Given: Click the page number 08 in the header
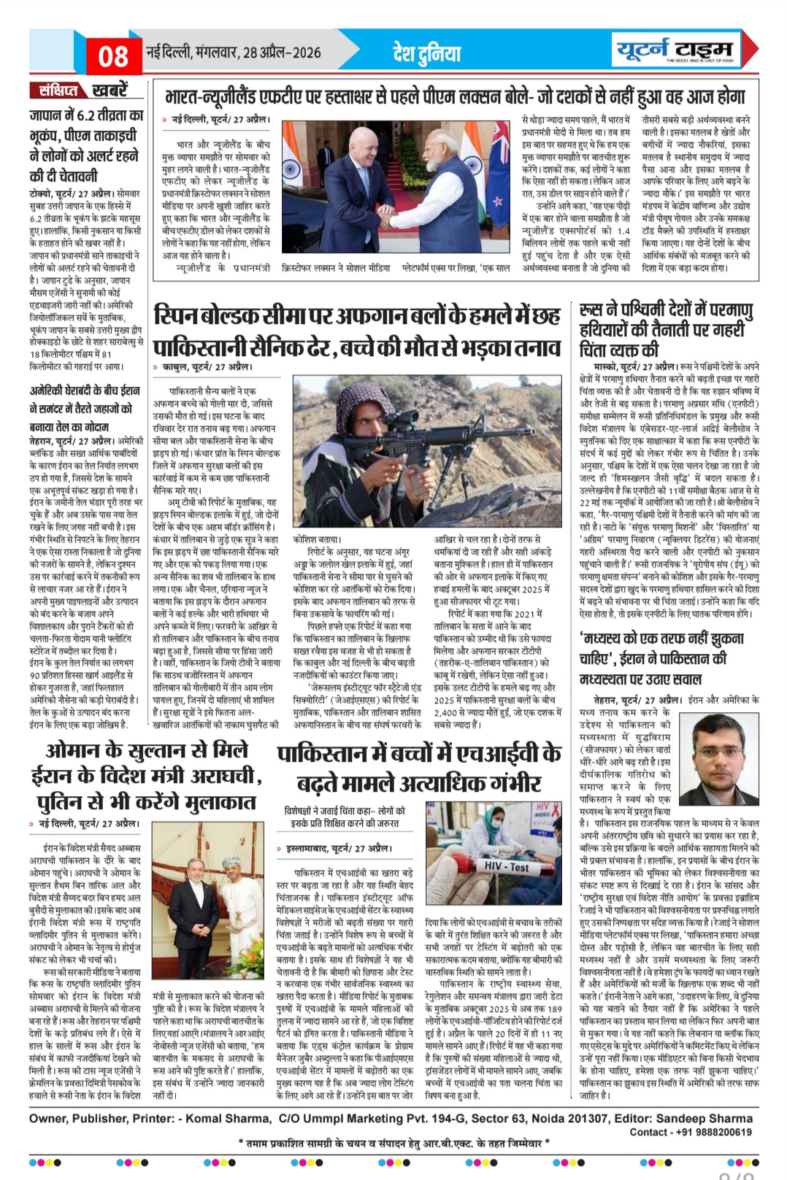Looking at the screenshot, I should point(113,55).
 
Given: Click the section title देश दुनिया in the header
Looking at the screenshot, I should point(427,53).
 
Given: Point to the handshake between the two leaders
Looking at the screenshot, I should point(398,220).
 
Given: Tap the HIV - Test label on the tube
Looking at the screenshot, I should point(508,867).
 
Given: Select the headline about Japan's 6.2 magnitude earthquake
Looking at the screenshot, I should point(87,145).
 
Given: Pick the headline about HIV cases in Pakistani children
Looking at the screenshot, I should point(419,768).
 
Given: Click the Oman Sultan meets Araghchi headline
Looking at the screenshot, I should point(146,776).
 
